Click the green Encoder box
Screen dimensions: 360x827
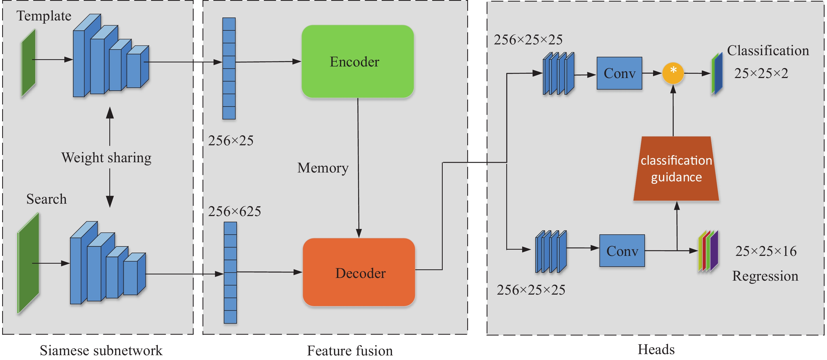pyautogui.click(x=357, y=61)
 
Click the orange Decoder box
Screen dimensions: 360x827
pyautogui.click(x=359, y=272)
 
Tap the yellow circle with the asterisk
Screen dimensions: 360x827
pyautogui.click(x=673, y=73)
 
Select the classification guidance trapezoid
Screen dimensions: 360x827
pyautogui.click(x=676, y=169)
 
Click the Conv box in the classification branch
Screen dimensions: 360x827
pyautogui.click(x=619, y=73)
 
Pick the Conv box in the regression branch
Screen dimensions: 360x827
pyautogui.click(x=622, y=250)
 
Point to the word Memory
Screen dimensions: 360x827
pyautogui.click(x=323, y=168)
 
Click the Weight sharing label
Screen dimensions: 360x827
pyautogui.click(x=106, y=158)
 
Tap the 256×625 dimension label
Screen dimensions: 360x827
pyautogui.click(x=234, y=211)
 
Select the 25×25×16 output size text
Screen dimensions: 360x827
pyautogui.click(x=766, y=251)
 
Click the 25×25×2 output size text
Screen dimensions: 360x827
pyautogui.click(x=761, y=73)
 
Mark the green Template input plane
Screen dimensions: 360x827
pyautogui.click(x=28, y=63)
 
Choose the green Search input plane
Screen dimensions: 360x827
pyautogui.click(x=28, y=263)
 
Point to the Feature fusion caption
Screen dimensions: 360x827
pyautogui.click(x=350, y=350)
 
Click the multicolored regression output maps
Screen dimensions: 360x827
pyautogui.click(x=708, y=251)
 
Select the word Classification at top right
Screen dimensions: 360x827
pyautogui.click(x=767, y=50)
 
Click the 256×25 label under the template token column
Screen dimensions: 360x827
pyautogui.click(x=231, y=140)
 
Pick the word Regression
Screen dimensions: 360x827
pyautogui.click(x=765, y=276)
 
